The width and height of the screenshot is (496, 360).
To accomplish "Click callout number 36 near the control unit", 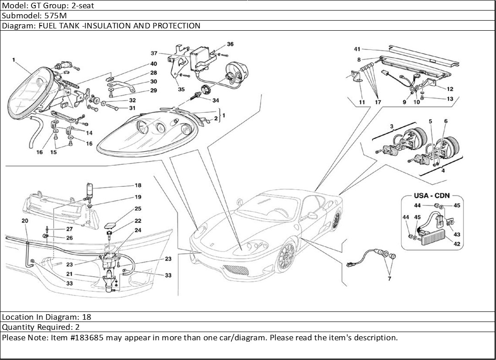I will pyautogui.click(x=230, y=44).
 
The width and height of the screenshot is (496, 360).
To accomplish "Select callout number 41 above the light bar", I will pyautogui.click(x=357, y=49).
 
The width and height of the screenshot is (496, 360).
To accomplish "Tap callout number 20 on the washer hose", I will pyautogui.click(x=25, y=221).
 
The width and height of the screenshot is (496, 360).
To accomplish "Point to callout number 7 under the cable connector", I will pyautogui.click(x=390, y=278).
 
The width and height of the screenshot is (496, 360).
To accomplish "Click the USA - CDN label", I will pyautogui.click(x=431, y=195).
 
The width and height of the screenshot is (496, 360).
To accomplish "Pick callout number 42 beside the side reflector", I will pyautogui.click(x=457, y=244).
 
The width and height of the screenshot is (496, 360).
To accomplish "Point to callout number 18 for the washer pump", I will pyautogui.click(x=138, y=185).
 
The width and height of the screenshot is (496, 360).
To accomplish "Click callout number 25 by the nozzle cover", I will pyautogui.click(x=138, y=209).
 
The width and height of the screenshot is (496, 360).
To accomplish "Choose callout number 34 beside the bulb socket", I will pyautogui.click(x=215, y=100).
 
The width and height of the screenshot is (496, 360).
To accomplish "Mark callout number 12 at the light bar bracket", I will pyautogui.click(x=450, y=89).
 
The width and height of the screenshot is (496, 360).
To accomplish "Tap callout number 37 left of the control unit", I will pyautogui.click(x=155, y=53).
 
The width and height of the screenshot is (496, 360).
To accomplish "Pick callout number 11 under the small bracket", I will pyautogui.click(x=362, y=102).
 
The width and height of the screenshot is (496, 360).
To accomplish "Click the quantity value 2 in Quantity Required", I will pyautogui.click(x=77, y=327).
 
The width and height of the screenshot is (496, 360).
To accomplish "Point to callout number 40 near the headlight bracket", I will pyautogui.click(x=153, y=64).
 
